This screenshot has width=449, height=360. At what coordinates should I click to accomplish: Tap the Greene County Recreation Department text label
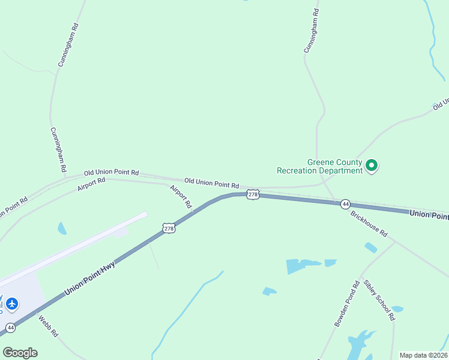click(x=319, y=166)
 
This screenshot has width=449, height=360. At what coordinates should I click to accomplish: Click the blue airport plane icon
click(x=11, y=304)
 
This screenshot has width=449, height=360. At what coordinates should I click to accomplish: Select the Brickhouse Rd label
click(x=369, y=224)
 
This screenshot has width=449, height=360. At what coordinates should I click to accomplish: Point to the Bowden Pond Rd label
click(x=346, y=304)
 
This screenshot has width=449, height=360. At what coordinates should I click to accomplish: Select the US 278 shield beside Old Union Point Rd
click(x=253, y=195)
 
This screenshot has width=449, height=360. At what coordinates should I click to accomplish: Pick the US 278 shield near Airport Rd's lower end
click(x=169, y=227)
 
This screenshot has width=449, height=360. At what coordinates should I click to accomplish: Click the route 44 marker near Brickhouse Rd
click(x=345, y=205)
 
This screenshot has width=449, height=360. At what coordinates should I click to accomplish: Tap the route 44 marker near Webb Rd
click(x=10, y=328)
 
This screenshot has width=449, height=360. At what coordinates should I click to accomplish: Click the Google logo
click(x=20, y=352)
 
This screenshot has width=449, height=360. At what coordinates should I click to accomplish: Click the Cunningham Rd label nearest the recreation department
click(x=311, y=31)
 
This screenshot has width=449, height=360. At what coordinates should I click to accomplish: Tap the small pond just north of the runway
click(x=62, y=228)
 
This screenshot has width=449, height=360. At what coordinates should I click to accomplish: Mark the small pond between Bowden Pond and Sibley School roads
click(x=397, y=309)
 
